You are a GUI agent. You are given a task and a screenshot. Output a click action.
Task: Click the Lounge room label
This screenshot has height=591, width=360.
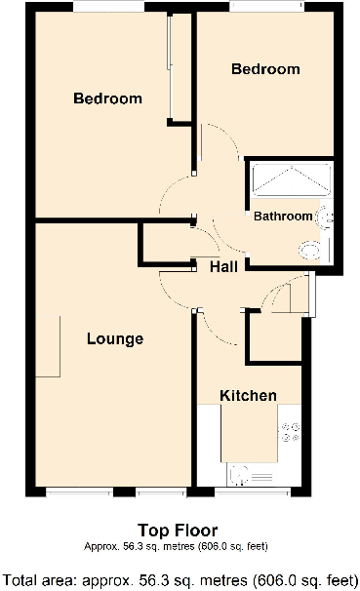pos(115,339)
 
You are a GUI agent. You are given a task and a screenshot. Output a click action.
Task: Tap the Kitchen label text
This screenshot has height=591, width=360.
pos(248,396)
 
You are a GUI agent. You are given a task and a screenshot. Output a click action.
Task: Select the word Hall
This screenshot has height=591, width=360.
pos(225,265)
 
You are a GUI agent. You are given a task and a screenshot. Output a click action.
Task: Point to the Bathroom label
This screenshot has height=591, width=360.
pos(283,217)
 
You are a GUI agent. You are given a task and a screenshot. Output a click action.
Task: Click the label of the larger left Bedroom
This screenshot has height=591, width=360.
pos(107,98)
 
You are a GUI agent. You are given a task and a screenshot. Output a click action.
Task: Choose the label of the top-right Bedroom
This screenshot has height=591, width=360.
pos(264,69)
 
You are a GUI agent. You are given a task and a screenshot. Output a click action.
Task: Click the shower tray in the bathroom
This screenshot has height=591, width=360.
pos(291,180)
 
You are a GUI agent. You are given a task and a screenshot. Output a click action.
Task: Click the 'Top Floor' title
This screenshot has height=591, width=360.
pos(180,531)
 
